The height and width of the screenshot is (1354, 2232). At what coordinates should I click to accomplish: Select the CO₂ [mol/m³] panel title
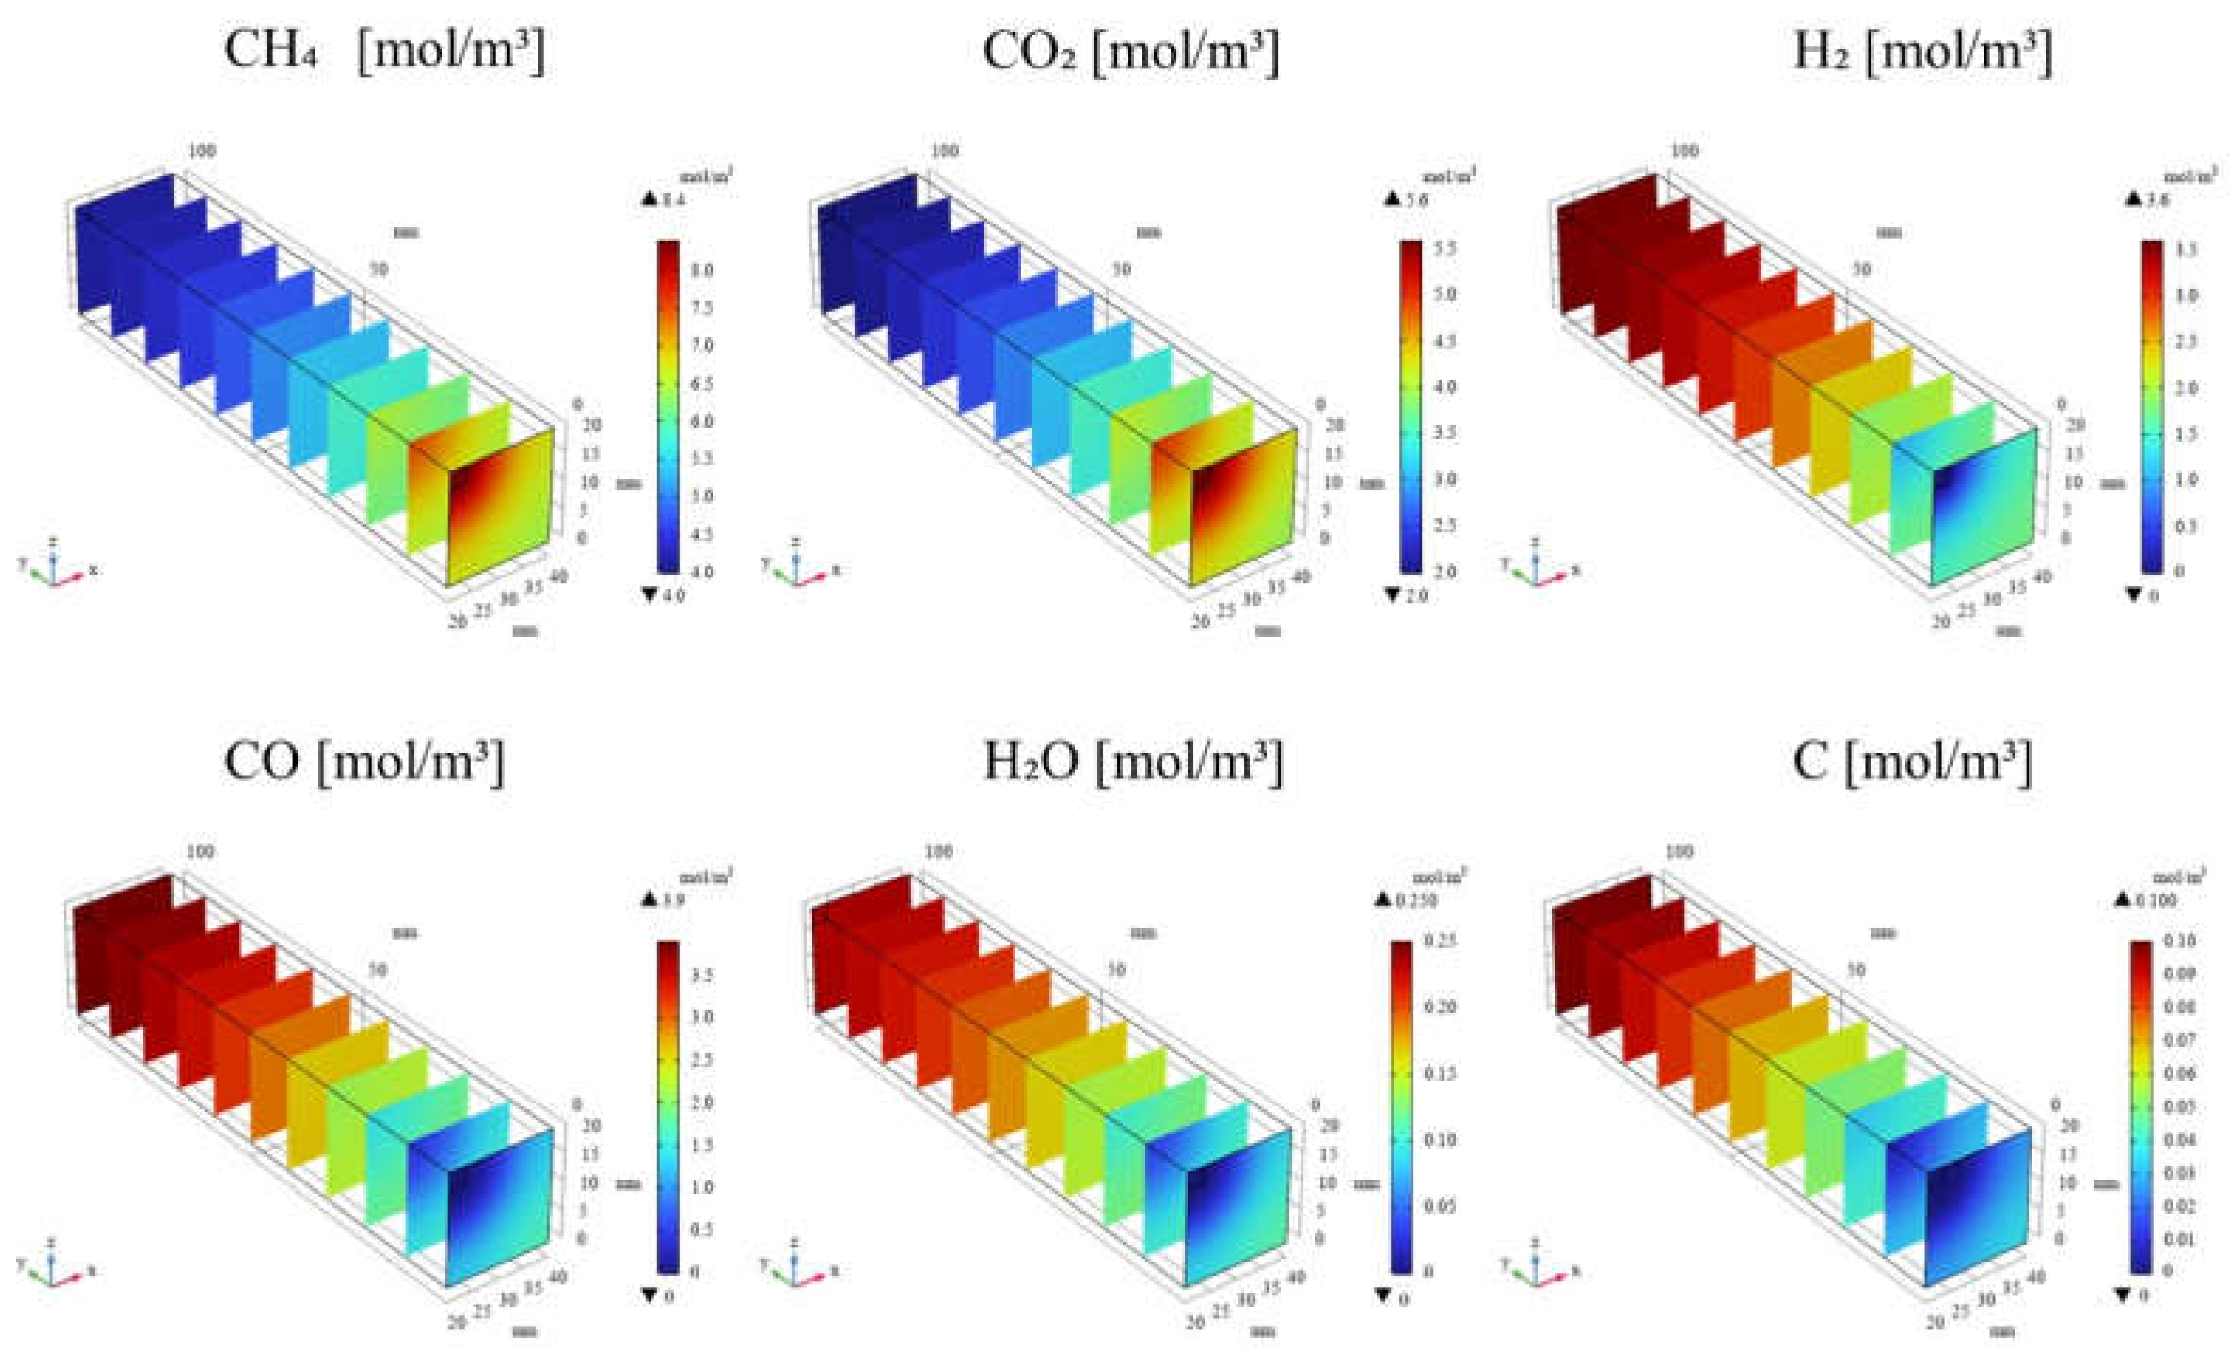click(x=1130, y=52)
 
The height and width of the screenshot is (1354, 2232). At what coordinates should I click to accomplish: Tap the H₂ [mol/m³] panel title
click(x=1922, y=52)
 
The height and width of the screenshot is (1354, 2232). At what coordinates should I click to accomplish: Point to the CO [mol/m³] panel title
click(x=363, y=762)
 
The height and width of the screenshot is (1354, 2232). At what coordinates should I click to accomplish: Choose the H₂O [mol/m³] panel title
click(x=1133, y=762)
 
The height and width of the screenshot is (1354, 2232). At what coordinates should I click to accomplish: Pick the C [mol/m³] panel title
click(x=1912, y=762)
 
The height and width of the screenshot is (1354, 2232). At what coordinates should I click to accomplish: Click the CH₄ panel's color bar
click(x=668, y=406)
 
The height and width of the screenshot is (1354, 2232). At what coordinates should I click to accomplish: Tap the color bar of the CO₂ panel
click(x=1411, y=406)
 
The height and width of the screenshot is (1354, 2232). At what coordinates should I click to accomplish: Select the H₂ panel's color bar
click(x=2153, y=406)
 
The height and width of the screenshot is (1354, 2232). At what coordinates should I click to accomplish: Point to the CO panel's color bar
click(x=668, y=1108)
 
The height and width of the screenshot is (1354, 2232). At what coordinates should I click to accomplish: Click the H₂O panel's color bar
click(x=1401, y=1108)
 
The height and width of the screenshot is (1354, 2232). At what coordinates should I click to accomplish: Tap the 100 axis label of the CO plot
click(x=200, y=852)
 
